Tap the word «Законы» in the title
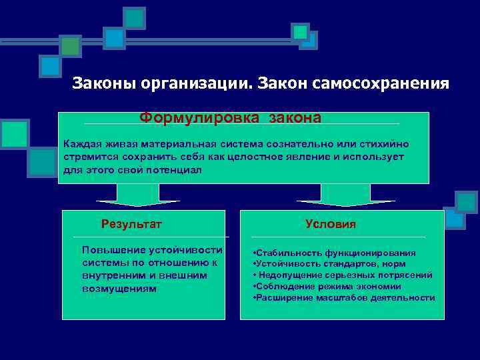point(97,84)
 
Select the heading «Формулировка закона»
point(230,118)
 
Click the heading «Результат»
point(131,224)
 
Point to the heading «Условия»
point(331,224)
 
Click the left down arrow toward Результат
point(138,196)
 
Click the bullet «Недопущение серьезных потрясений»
point(343,275)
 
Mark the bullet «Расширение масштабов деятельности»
point(345,297)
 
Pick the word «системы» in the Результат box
point(103,263)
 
